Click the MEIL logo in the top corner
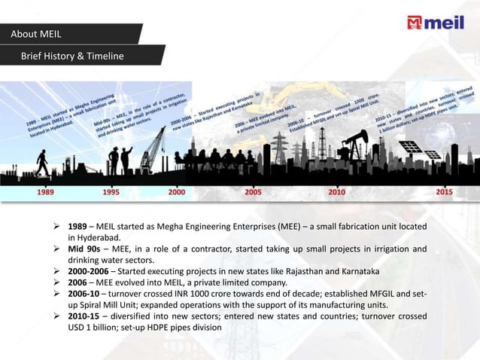coord(436,23)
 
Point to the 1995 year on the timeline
coord(111,192)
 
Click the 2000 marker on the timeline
coord(177,192)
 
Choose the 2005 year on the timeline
coord(254,192)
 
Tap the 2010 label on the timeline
coord(336,192)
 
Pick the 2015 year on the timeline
coord(445,192)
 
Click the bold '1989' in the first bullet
coord(77,226)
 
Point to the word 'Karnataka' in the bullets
coord(355,271)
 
